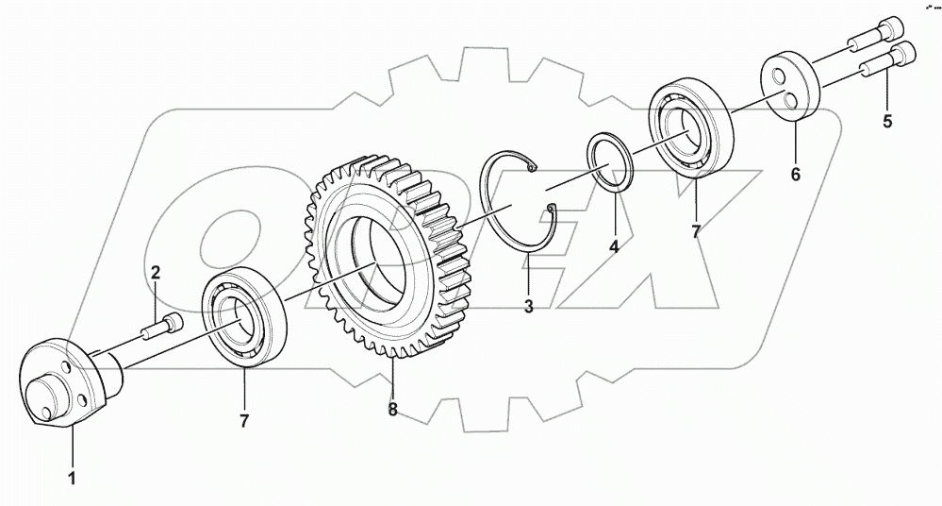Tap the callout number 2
click(x=157, y=273)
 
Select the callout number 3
click(x=528, y=306)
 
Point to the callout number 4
click(x=613, y=246)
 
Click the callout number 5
click(x=885, y=120)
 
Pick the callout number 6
click(x=794, y=175)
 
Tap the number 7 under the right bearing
click(x=696, y=231)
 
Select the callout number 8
click(x=392, y=411)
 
